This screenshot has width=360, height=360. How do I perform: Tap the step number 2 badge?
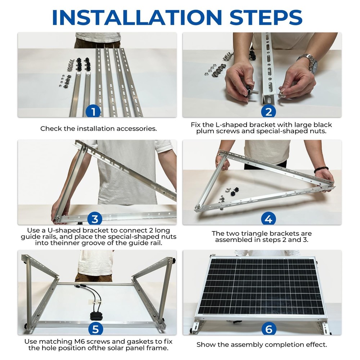point(268,112)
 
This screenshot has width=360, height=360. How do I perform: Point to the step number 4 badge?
point(268,219)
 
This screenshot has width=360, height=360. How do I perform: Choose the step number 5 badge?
point(95,329)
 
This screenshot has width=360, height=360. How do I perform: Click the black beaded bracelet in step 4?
point(321,169)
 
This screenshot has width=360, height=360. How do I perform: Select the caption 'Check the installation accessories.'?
point(98,129)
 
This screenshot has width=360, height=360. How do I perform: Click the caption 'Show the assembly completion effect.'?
point(262,345)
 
